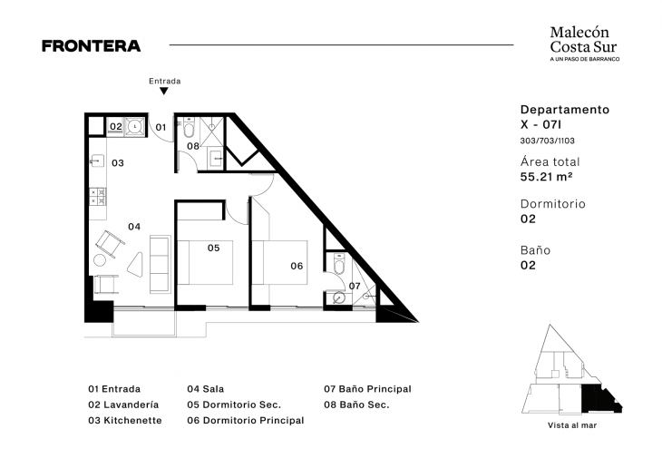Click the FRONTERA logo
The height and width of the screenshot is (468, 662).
tap(92, 46)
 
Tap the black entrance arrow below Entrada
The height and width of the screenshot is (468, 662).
tap(164, 91)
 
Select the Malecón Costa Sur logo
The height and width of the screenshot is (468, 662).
tap(585, 44)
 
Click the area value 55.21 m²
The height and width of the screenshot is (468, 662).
tap(546, 177)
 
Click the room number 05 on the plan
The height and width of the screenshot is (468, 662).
tap(214, 248)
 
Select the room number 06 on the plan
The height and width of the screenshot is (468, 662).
tap(297, 266)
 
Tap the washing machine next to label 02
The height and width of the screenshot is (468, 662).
tap(135, 126)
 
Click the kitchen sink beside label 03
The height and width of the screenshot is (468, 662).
tap(98, 161)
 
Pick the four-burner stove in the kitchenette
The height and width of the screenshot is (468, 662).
tap(98, 197)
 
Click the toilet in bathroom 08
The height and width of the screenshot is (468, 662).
tap(189, 129)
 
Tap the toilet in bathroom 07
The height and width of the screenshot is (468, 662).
tap(339, 265)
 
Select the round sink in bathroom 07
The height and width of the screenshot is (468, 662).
tap(338, 298)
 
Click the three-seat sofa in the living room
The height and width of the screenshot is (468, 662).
tap(160, 265)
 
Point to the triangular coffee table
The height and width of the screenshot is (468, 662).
tap(136, 265)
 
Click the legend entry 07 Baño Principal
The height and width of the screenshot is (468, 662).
tap(367, 389)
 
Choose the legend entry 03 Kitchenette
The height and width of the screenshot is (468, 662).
tap(125, 421)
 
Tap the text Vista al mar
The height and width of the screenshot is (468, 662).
tap(572, 425)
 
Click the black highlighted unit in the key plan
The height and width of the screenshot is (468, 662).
tap(599, 400)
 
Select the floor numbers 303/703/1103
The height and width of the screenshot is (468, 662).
tap(547, 141)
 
